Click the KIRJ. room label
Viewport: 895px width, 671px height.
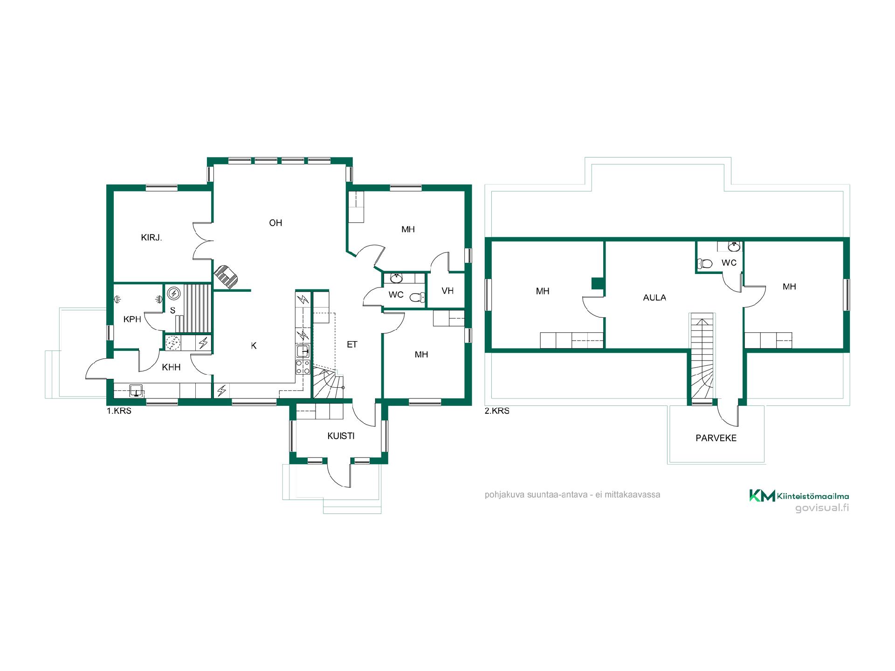click(x=151, y=238)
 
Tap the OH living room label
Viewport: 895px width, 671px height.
click(x=275, y=223)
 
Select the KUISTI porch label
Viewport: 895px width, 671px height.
click(x=341, y=436)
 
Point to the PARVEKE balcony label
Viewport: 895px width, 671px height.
click(x=716, y=438)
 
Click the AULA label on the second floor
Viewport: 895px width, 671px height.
click(x=654, y=297)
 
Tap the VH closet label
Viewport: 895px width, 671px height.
click(x=447, y=291)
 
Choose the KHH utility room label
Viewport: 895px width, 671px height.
click(x=171, y=367)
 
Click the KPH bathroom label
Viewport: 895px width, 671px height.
click(x=132, y=319)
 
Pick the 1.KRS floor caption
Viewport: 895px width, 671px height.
click(x=119, y=411)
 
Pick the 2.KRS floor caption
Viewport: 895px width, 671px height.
click(x=497, y=411)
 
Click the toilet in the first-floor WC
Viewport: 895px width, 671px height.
click(x=417, y=297)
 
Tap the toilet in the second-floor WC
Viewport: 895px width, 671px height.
click(x=705, y=264)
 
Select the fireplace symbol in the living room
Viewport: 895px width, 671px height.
click(x=227, y=277)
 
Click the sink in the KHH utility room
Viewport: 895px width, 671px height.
click(x=136, y=390)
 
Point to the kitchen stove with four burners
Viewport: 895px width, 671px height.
click(x=303, y=367)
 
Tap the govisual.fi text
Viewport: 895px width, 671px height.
click(x=822, y=508)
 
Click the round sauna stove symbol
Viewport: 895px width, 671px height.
click(x=174, y=293)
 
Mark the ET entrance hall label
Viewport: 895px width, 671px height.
click(x=352, y=344)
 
